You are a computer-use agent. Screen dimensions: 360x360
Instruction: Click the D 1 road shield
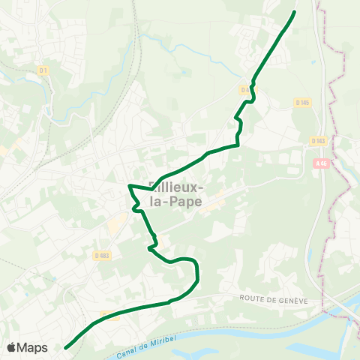[x=43, y=71]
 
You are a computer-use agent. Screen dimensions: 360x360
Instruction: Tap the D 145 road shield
[x=302, y=102]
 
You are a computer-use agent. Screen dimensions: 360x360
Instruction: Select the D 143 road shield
[x=317, y=140]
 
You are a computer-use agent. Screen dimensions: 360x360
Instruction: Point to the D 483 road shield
[x=103, y=256]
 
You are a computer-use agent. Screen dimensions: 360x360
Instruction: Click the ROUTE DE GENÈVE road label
[x=274, y=298]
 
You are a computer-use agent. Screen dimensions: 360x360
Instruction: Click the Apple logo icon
[x=11, y=347]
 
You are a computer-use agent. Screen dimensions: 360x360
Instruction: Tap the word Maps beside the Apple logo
[x=33, y=347]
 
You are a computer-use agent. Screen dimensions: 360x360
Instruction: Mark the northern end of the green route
[x=294, y=12]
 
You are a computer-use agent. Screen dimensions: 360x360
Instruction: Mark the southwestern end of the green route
[x=66, y=347]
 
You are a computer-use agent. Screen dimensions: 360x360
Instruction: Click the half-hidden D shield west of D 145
[x=244, y=89]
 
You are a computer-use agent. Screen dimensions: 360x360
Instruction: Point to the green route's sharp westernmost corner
[x=130, y=185]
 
